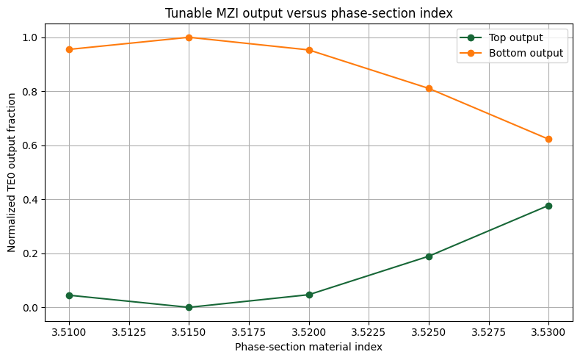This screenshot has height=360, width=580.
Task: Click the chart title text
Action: (308, 13)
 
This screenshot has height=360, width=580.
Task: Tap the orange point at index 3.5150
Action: (189, 37)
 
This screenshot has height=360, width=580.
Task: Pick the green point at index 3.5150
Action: (189, 307)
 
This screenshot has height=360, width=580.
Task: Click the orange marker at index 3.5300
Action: (548, 140)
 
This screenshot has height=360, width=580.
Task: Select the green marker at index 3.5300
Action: (548, 206)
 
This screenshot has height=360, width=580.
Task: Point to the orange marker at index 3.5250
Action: (429, 88)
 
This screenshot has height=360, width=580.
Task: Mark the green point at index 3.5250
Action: (429, 256)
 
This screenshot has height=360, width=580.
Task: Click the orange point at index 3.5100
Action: (69, 49)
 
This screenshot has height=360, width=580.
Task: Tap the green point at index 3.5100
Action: (69, 295)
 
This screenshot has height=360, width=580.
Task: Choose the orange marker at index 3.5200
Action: (309, 50)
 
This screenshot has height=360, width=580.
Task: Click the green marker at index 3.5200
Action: (309, 295)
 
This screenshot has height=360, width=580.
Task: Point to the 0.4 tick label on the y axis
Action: (31, 200)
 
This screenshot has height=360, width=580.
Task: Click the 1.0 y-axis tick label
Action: (31, 37)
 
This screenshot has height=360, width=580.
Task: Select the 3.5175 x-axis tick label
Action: (249, 332)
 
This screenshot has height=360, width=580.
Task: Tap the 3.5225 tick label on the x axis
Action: (369, 332)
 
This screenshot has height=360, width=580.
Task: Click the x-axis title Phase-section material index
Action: (308, 347)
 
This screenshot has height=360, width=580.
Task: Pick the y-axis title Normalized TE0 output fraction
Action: (12, 173)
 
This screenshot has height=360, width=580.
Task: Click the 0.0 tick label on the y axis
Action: (31, 308)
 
